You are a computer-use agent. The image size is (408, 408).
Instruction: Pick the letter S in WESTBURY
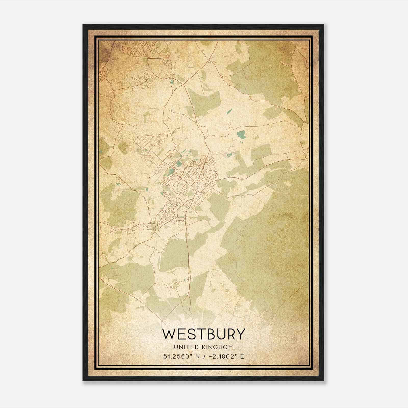pyautogui.click(x=190, y=334)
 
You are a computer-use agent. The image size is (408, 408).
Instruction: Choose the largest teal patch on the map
pyautogui.click(x=240, y=134)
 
